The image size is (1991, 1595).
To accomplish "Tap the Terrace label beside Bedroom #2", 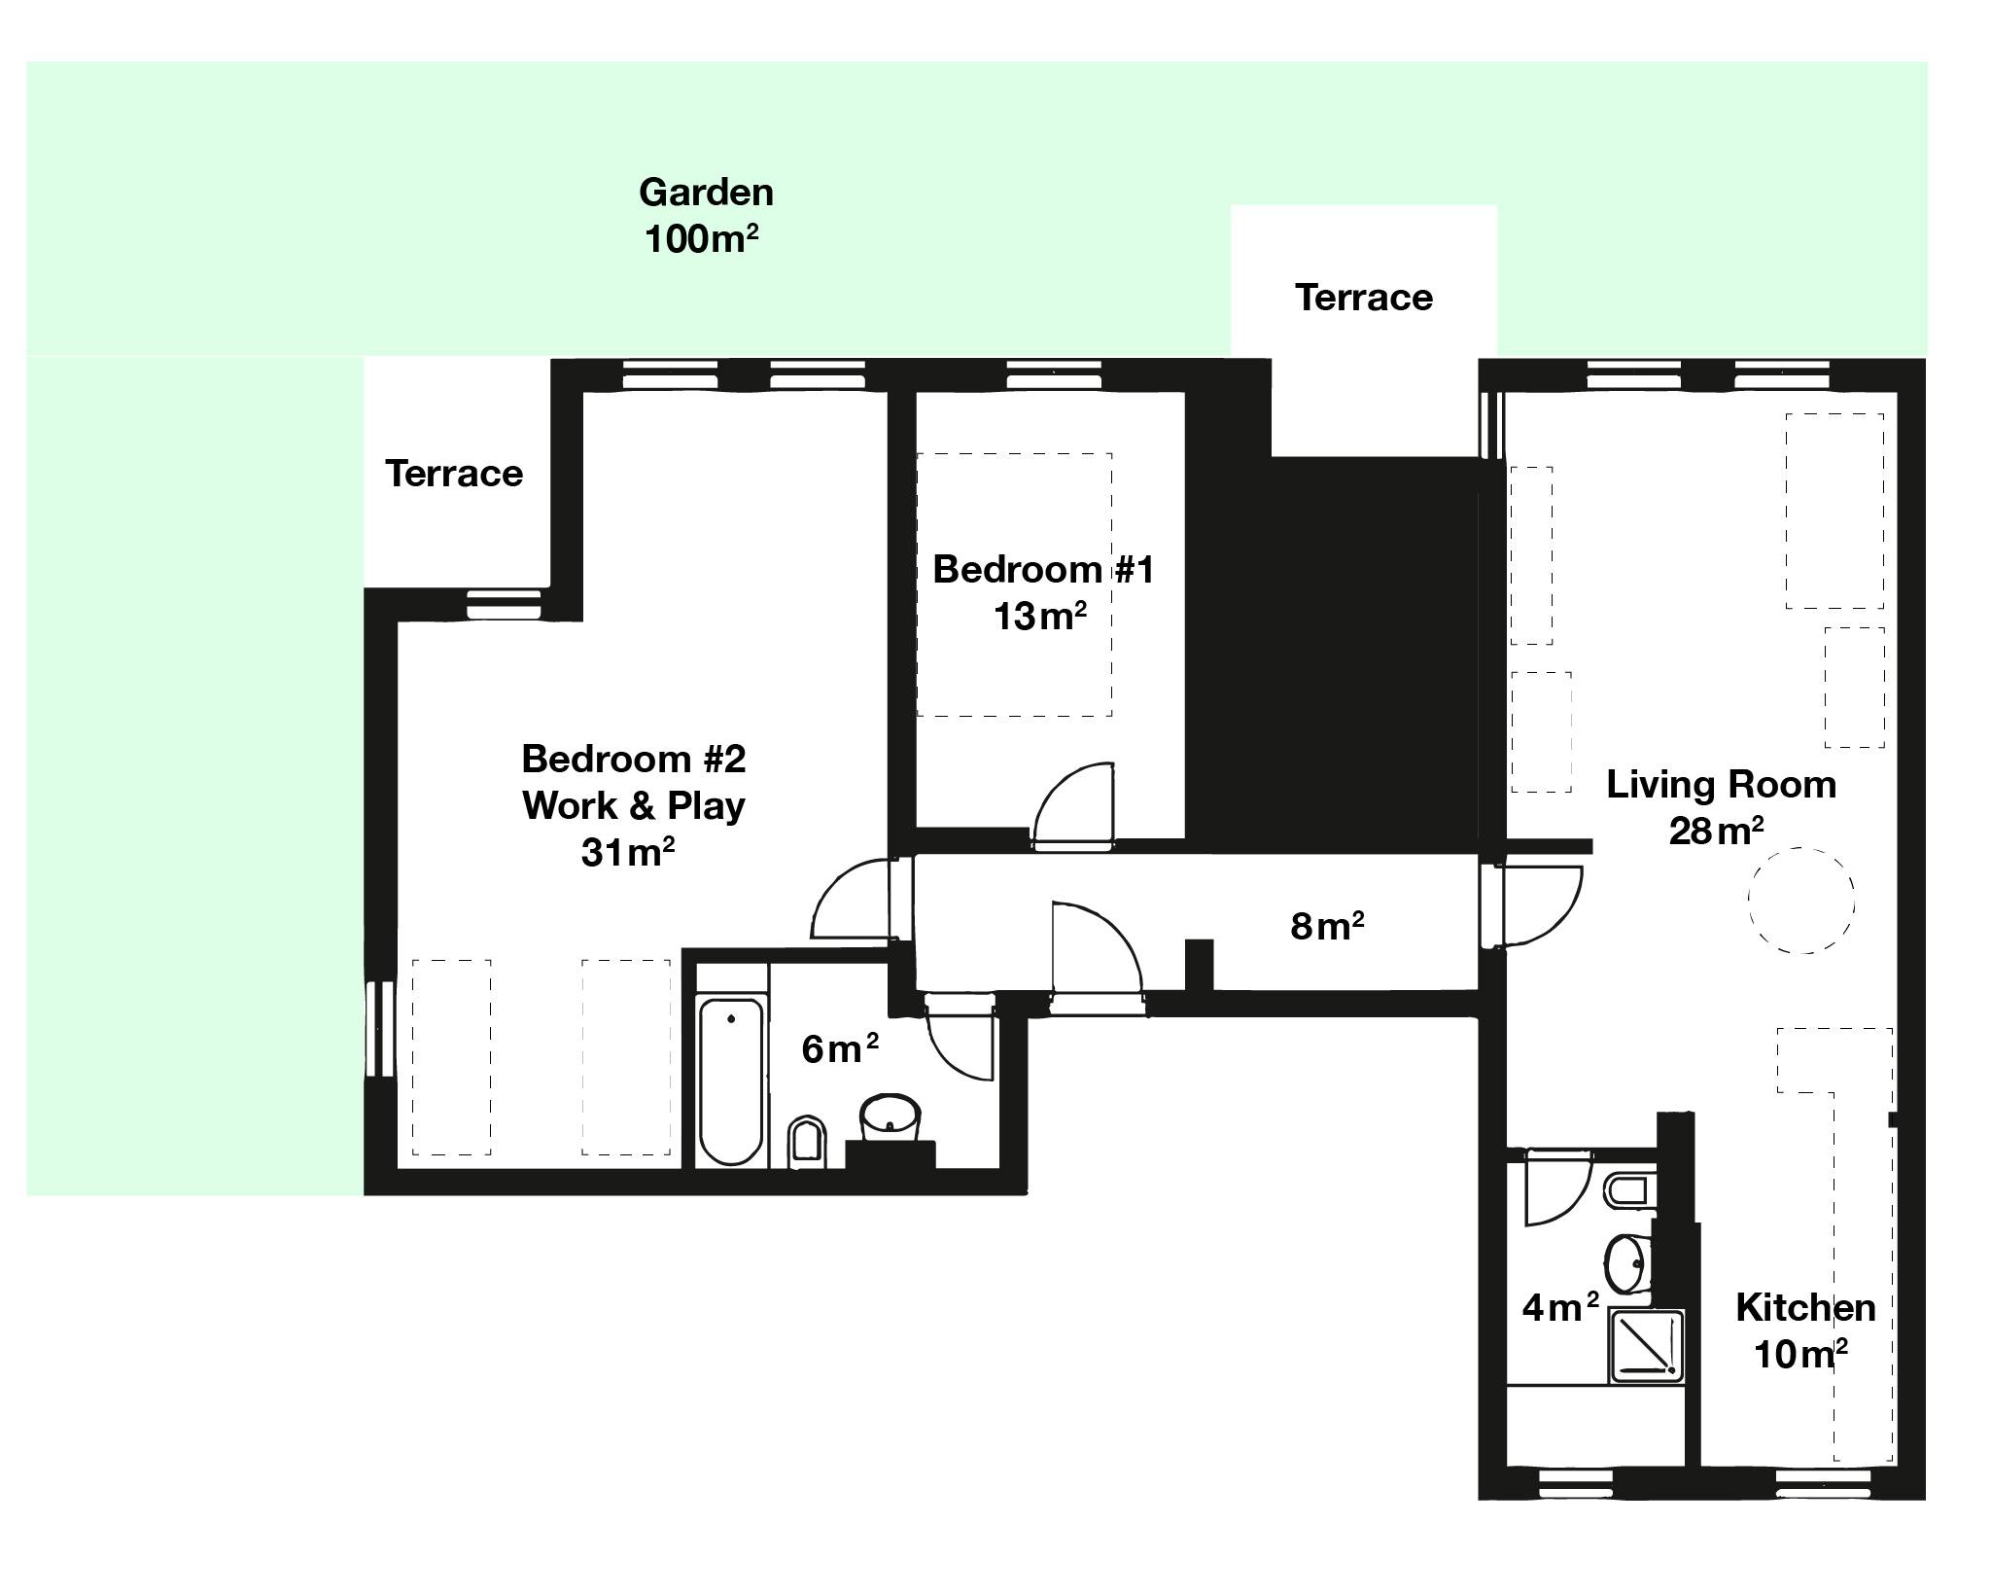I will click(x=453, y=474).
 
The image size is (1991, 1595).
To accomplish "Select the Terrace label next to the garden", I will click(x=1363, y=298).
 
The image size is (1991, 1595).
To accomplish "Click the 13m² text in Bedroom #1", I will click(x=1039, y=617).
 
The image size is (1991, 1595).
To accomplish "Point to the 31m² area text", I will click(x=628, y=853).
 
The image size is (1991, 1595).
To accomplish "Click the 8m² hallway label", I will click(x=1326, y=926).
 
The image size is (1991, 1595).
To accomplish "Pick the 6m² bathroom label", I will click(x=839, y=1048).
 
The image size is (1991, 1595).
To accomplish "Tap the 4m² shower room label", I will click(x=1559, y=1308).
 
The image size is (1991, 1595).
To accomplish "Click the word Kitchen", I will click(x=1805, y=1308).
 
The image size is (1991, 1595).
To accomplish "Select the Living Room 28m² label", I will click(x=1720, y=807).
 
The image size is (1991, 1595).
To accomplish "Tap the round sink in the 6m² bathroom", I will click(x=890, y=1116).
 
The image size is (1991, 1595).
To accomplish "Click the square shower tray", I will click(x=1647, y=1345).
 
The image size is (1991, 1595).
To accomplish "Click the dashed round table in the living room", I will click(x=1800, y=901).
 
